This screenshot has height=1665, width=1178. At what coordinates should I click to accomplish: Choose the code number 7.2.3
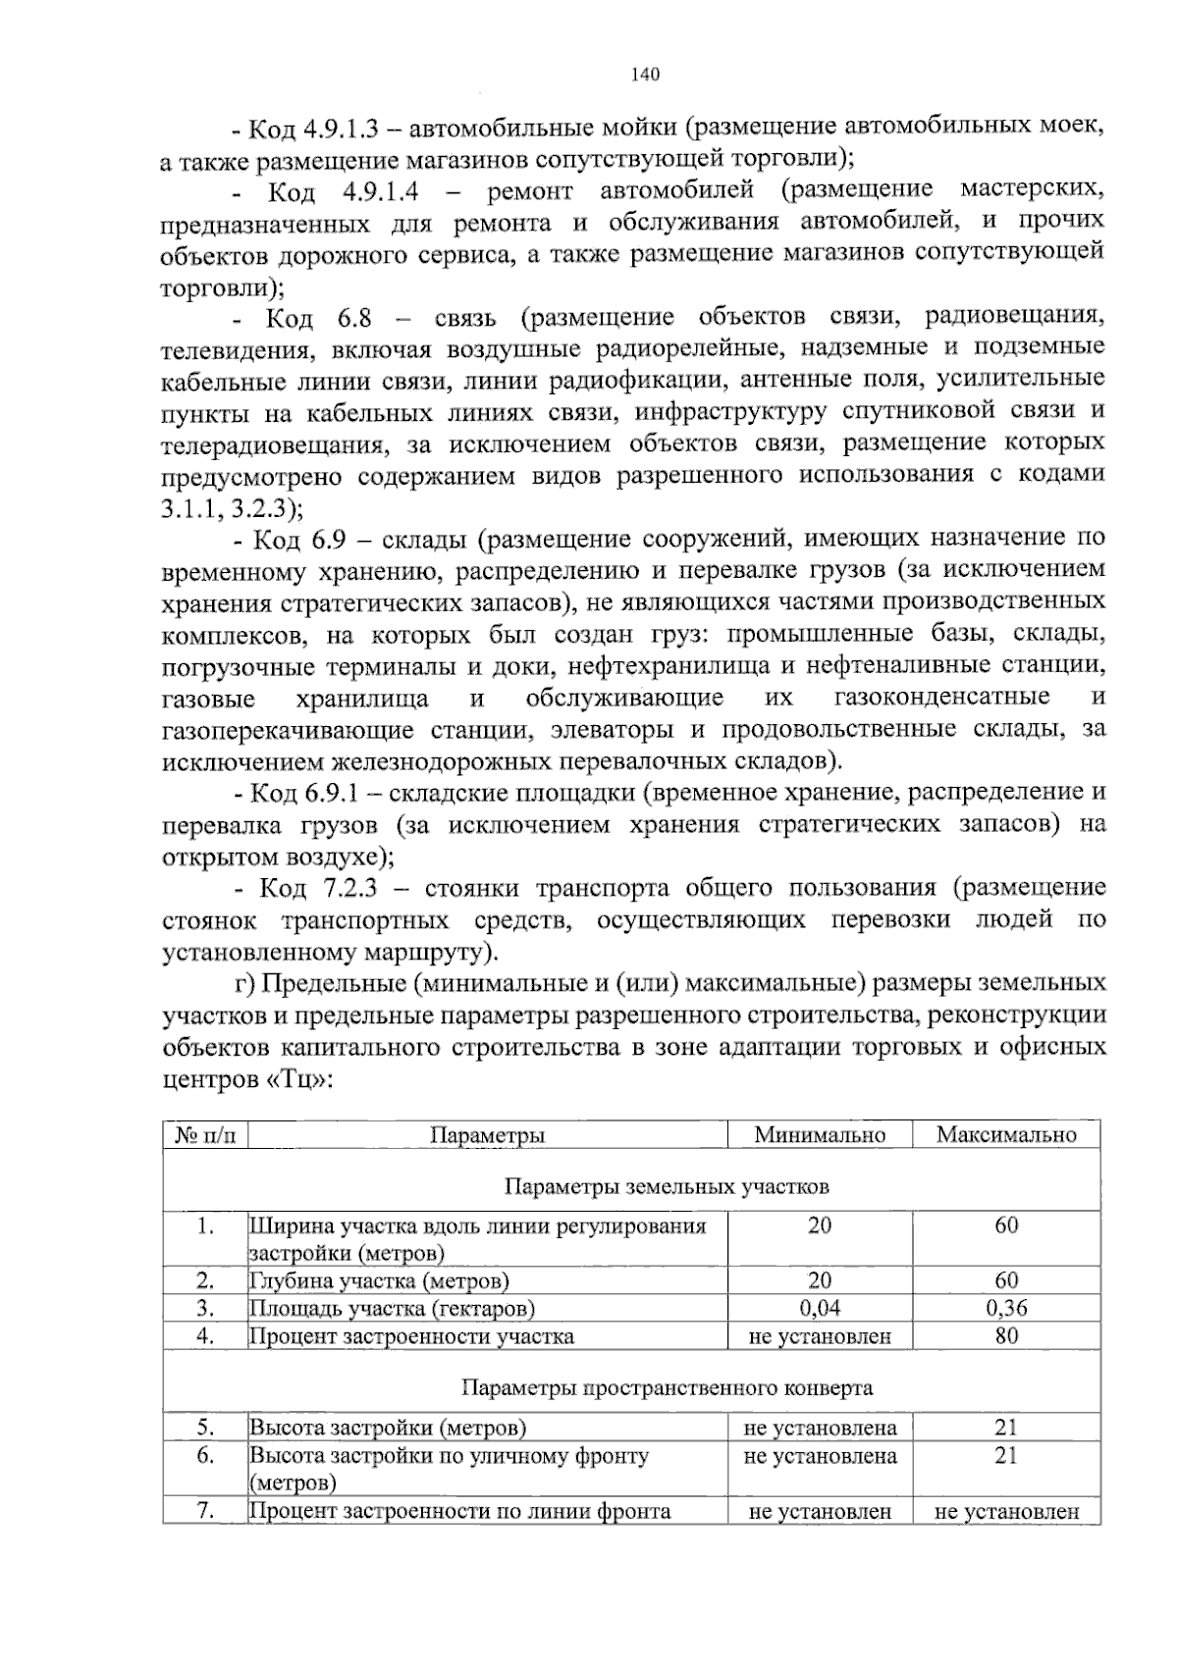coord(356,888)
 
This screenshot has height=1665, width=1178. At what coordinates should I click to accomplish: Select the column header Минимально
coord(820,1135)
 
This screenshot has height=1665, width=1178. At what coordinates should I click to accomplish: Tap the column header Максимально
coord(1006,1135)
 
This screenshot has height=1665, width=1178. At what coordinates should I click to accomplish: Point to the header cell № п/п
coord(205,1135)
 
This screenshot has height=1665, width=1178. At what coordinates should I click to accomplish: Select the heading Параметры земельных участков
coord(667,1187)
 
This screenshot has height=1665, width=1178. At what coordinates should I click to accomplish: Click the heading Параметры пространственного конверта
coord(667,1388)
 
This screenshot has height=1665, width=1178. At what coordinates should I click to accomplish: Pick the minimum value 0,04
coord(820,1308)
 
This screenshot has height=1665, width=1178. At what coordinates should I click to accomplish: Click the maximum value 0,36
coord(1006,1308)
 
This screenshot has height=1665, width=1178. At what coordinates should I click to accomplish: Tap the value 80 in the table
coord(1006,1335)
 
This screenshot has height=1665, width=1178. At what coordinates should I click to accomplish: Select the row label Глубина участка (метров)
coord(379,1280)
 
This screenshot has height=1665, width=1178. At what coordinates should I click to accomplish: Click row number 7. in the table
coord(205,1510)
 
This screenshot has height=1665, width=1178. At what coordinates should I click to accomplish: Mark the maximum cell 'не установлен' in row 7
coord(1006,1511)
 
